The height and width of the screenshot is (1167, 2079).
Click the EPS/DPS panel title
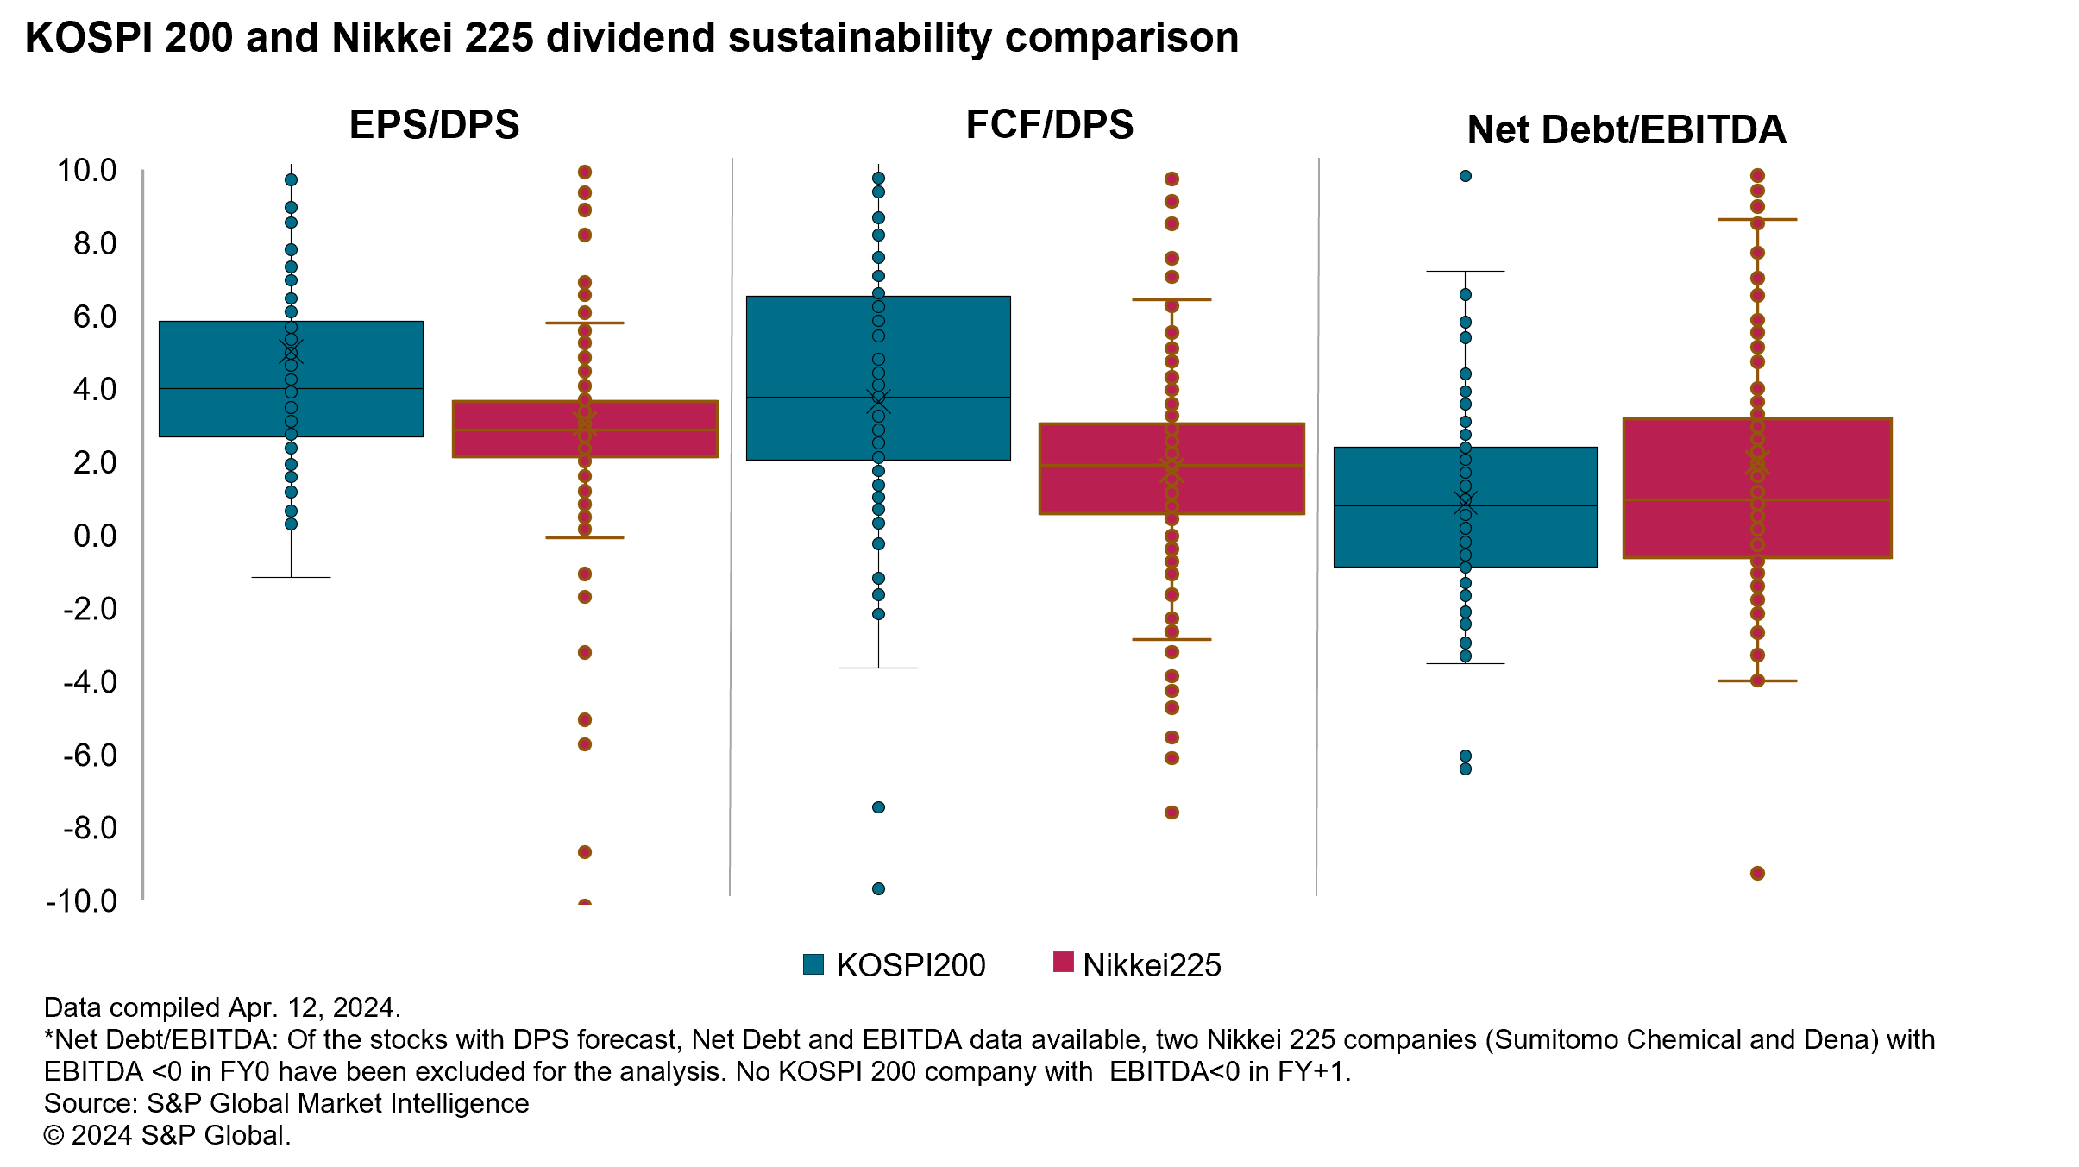click(x=434, y=124)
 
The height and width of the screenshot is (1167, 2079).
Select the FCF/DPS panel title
click(x=1049, y=124)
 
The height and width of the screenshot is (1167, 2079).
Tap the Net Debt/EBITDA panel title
click(x=1626, y=129)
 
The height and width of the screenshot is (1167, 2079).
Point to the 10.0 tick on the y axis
click(x=86, y=171)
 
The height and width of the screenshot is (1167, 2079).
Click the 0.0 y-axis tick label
click(x=94, y=536)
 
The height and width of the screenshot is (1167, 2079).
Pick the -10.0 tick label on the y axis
click(x=81, y=901)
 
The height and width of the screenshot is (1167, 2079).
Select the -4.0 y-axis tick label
click(x=90, y=682)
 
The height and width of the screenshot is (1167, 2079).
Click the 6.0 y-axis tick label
click(x=94, y=317)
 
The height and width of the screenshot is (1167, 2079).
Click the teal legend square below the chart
click(x=813, y=963)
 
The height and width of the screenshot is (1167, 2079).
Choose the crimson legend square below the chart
click(x=1063, y=962)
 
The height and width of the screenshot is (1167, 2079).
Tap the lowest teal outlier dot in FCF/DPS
click(x=878, y=888)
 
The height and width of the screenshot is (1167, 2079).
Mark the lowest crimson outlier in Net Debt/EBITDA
click(x=1757, y=873)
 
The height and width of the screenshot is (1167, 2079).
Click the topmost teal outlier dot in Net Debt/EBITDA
click(x=1465, y=176)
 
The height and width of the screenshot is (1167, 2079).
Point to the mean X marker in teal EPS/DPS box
click(x=291, y=351)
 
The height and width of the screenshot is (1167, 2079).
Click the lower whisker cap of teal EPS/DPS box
click(x=291, y=577)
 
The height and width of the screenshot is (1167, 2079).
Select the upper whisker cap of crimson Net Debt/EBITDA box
click(x=1757, y=220)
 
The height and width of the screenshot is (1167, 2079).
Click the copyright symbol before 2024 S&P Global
click(x=53, y=1135)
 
